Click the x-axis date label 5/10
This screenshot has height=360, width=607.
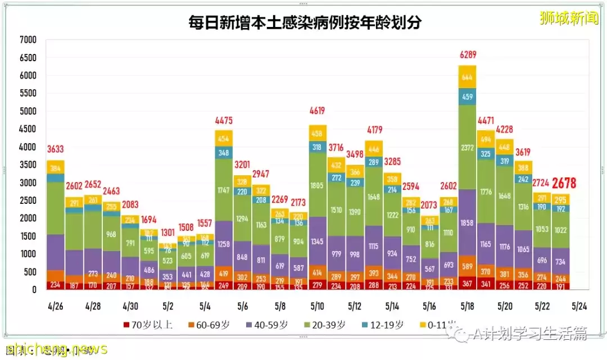[318, 307]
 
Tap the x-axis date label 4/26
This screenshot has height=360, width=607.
[56, 307]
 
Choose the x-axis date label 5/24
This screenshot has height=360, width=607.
[579, 307]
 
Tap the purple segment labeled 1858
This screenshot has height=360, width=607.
[467, 223]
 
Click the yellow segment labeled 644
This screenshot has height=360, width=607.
[467, 77]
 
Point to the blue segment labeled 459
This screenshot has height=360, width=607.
[467, 96]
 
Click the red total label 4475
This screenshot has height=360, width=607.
[224, 120]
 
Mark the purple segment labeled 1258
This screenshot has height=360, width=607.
[224, 243]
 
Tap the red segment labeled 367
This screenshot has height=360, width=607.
[467, 283]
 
